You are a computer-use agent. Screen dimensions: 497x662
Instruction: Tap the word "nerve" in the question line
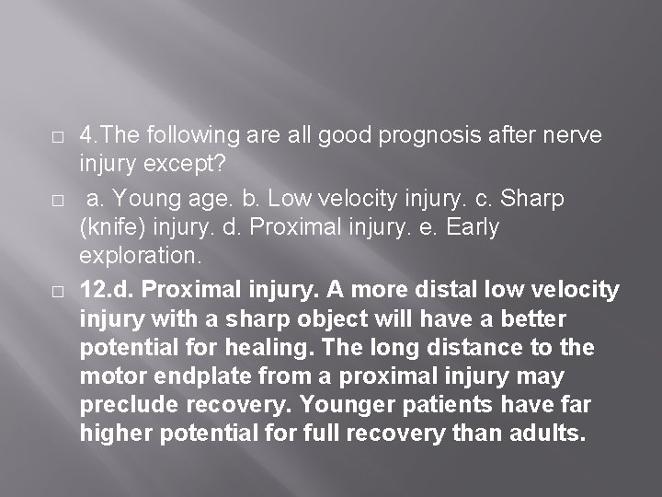[x=571, y=136]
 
